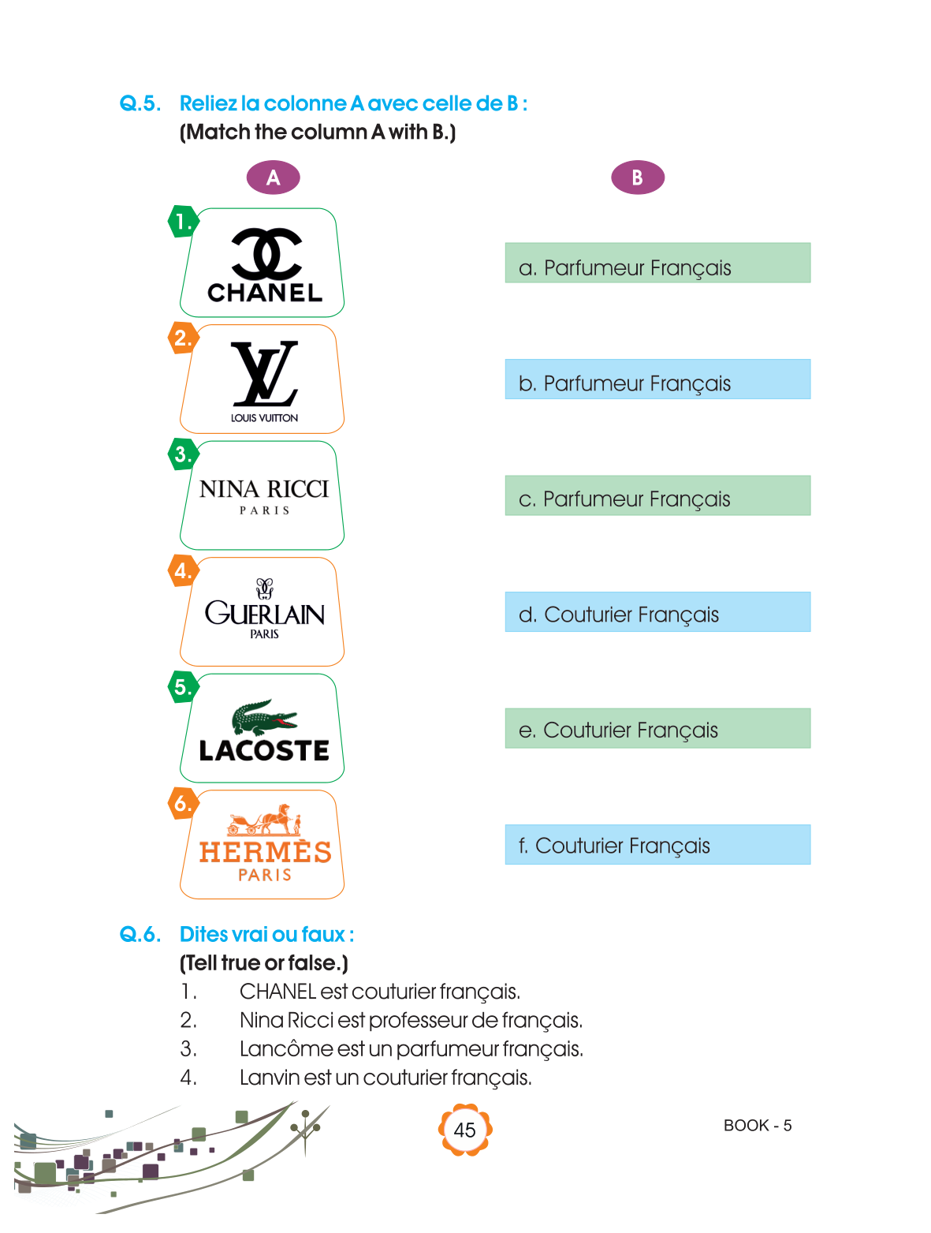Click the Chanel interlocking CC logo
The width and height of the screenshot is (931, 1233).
266,253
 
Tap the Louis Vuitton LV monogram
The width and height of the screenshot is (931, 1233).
265,373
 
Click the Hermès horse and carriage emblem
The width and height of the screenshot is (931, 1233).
265,820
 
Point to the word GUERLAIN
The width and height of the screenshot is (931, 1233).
265,613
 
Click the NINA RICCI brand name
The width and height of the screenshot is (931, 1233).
264,489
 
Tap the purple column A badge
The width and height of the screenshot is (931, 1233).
273,177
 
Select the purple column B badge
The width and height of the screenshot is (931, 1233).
638,177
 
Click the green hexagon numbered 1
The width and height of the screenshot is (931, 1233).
184,222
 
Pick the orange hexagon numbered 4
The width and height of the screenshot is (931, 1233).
184,570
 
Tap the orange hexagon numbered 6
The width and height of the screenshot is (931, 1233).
184,803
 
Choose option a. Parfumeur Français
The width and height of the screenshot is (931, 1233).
657,263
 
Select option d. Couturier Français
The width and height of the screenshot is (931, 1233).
657,612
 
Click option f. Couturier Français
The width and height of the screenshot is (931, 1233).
657,845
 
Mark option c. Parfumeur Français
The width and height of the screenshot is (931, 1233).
657,496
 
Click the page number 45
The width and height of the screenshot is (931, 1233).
465,1130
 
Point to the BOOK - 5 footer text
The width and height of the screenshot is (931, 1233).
758,1126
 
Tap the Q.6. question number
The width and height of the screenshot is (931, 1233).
140,935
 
